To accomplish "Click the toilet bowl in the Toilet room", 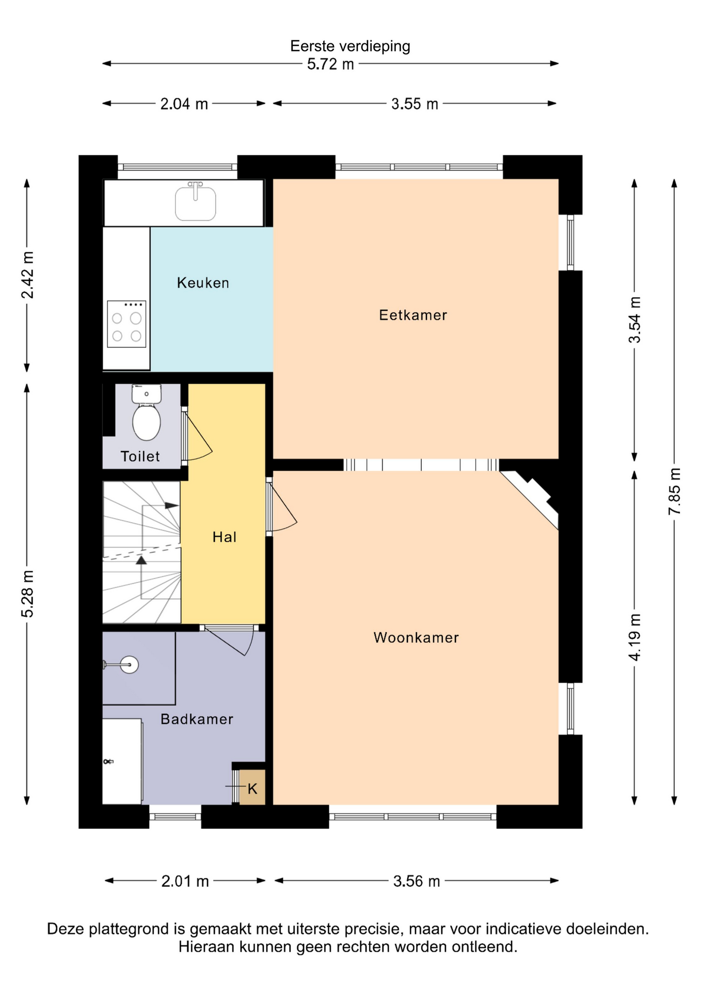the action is (x=147, y=422).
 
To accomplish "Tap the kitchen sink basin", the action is (x=195, y=203).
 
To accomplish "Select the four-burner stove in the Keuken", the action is (x=126, y=324).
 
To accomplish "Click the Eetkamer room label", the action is (x=413, y=315).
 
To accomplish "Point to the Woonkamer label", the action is (x=416, y=637).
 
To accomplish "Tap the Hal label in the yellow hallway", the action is (x=225, y=537).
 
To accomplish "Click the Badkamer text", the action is (x=197, y=719).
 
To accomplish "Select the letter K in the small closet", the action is (x=252, y=789).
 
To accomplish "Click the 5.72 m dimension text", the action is (x=330, y=64).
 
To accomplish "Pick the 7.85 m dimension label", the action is (x=675, y=491).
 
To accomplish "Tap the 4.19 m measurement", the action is (x=635, y=637).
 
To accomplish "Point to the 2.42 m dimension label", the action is (x=27, y=275).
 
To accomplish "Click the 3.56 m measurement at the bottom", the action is (x=417, y=881).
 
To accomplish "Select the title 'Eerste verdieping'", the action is (x=350, y=46).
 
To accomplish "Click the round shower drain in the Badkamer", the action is (x=129, y=664).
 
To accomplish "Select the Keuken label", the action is (x=203, y=283).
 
